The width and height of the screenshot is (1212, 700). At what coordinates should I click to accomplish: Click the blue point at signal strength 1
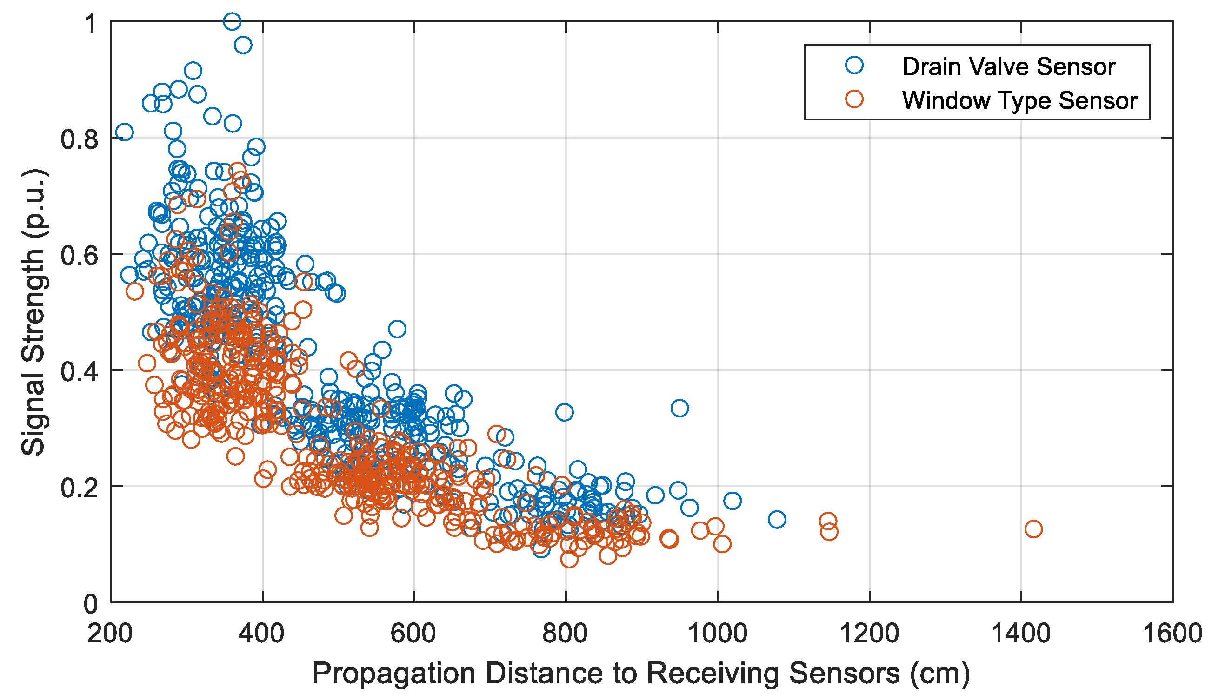tap(232, 21)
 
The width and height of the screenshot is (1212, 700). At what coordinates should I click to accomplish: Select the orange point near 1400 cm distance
tap(1033, 529)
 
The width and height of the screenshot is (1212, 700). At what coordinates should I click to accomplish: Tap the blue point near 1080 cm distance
tap(777, 519)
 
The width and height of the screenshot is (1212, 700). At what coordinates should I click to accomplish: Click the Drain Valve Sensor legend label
tap(1008, 66)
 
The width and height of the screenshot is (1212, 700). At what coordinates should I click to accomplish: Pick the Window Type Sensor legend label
tap(1019, 100)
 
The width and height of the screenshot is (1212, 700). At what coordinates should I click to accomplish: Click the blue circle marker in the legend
tap(855, 65)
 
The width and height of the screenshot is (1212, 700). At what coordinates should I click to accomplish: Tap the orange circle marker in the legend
tap(855, 99)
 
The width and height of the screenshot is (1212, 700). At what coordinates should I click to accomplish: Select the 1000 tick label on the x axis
tap(718, 633)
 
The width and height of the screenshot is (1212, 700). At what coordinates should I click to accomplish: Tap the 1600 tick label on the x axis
tap(1172, 633)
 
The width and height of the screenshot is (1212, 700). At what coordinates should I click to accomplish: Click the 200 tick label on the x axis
tap(110, 633)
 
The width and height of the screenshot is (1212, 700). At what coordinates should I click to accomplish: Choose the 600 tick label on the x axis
tap(413, 633)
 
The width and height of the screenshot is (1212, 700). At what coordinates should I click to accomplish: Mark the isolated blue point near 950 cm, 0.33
tap(679, 408)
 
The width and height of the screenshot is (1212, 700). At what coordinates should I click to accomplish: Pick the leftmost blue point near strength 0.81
tap(124, 132)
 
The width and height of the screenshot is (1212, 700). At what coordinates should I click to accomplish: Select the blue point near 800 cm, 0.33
tap(564, 412)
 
